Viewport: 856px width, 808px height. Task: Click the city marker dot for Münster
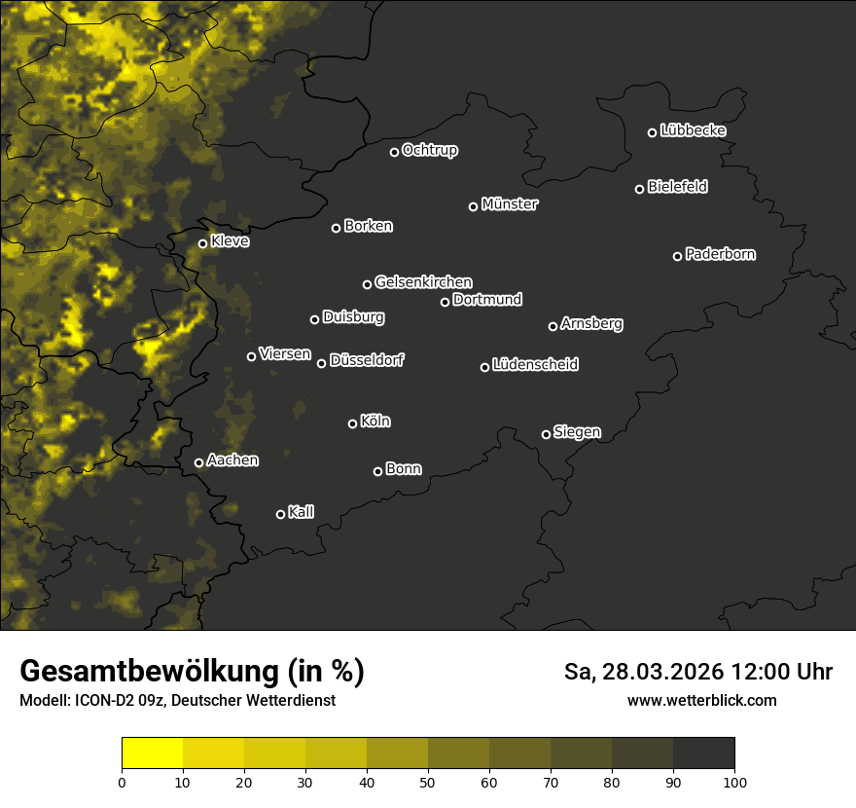point(474,206)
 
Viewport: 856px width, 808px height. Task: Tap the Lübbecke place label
point(693,130)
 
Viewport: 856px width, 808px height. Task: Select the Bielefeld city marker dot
point(640,189)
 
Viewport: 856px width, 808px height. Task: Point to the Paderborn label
point(721,254)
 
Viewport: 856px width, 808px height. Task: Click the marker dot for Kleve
point(203,243)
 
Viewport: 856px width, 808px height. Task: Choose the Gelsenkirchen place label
point(423,282)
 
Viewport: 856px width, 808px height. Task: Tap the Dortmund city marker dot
point(446,302)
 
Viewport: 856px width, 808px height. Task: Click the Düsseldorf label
point(367,360)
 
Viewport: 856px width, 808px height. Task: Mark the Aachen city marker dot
point(199,462)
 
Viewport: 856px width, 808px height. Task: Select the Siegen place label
point(577,432)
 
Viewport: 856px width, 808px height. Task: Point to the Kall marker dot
point(281,514)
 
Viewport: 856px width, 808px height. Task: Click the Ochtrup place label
point(429,150)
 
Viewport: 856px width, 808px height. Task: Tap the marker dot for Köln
point(353,423)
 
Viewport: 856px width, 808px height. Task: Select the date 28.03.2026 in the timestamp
point(659,672)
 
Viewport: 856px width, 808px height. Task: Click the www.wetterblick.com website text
point(701,700)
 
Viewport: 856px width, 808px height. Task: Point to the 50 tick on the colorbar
point(428,781)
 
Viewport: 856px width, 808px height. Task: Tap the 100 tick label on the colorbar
point(734,781)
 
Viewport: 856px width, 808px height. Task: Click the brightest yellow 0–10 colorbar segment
point(153,753)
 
